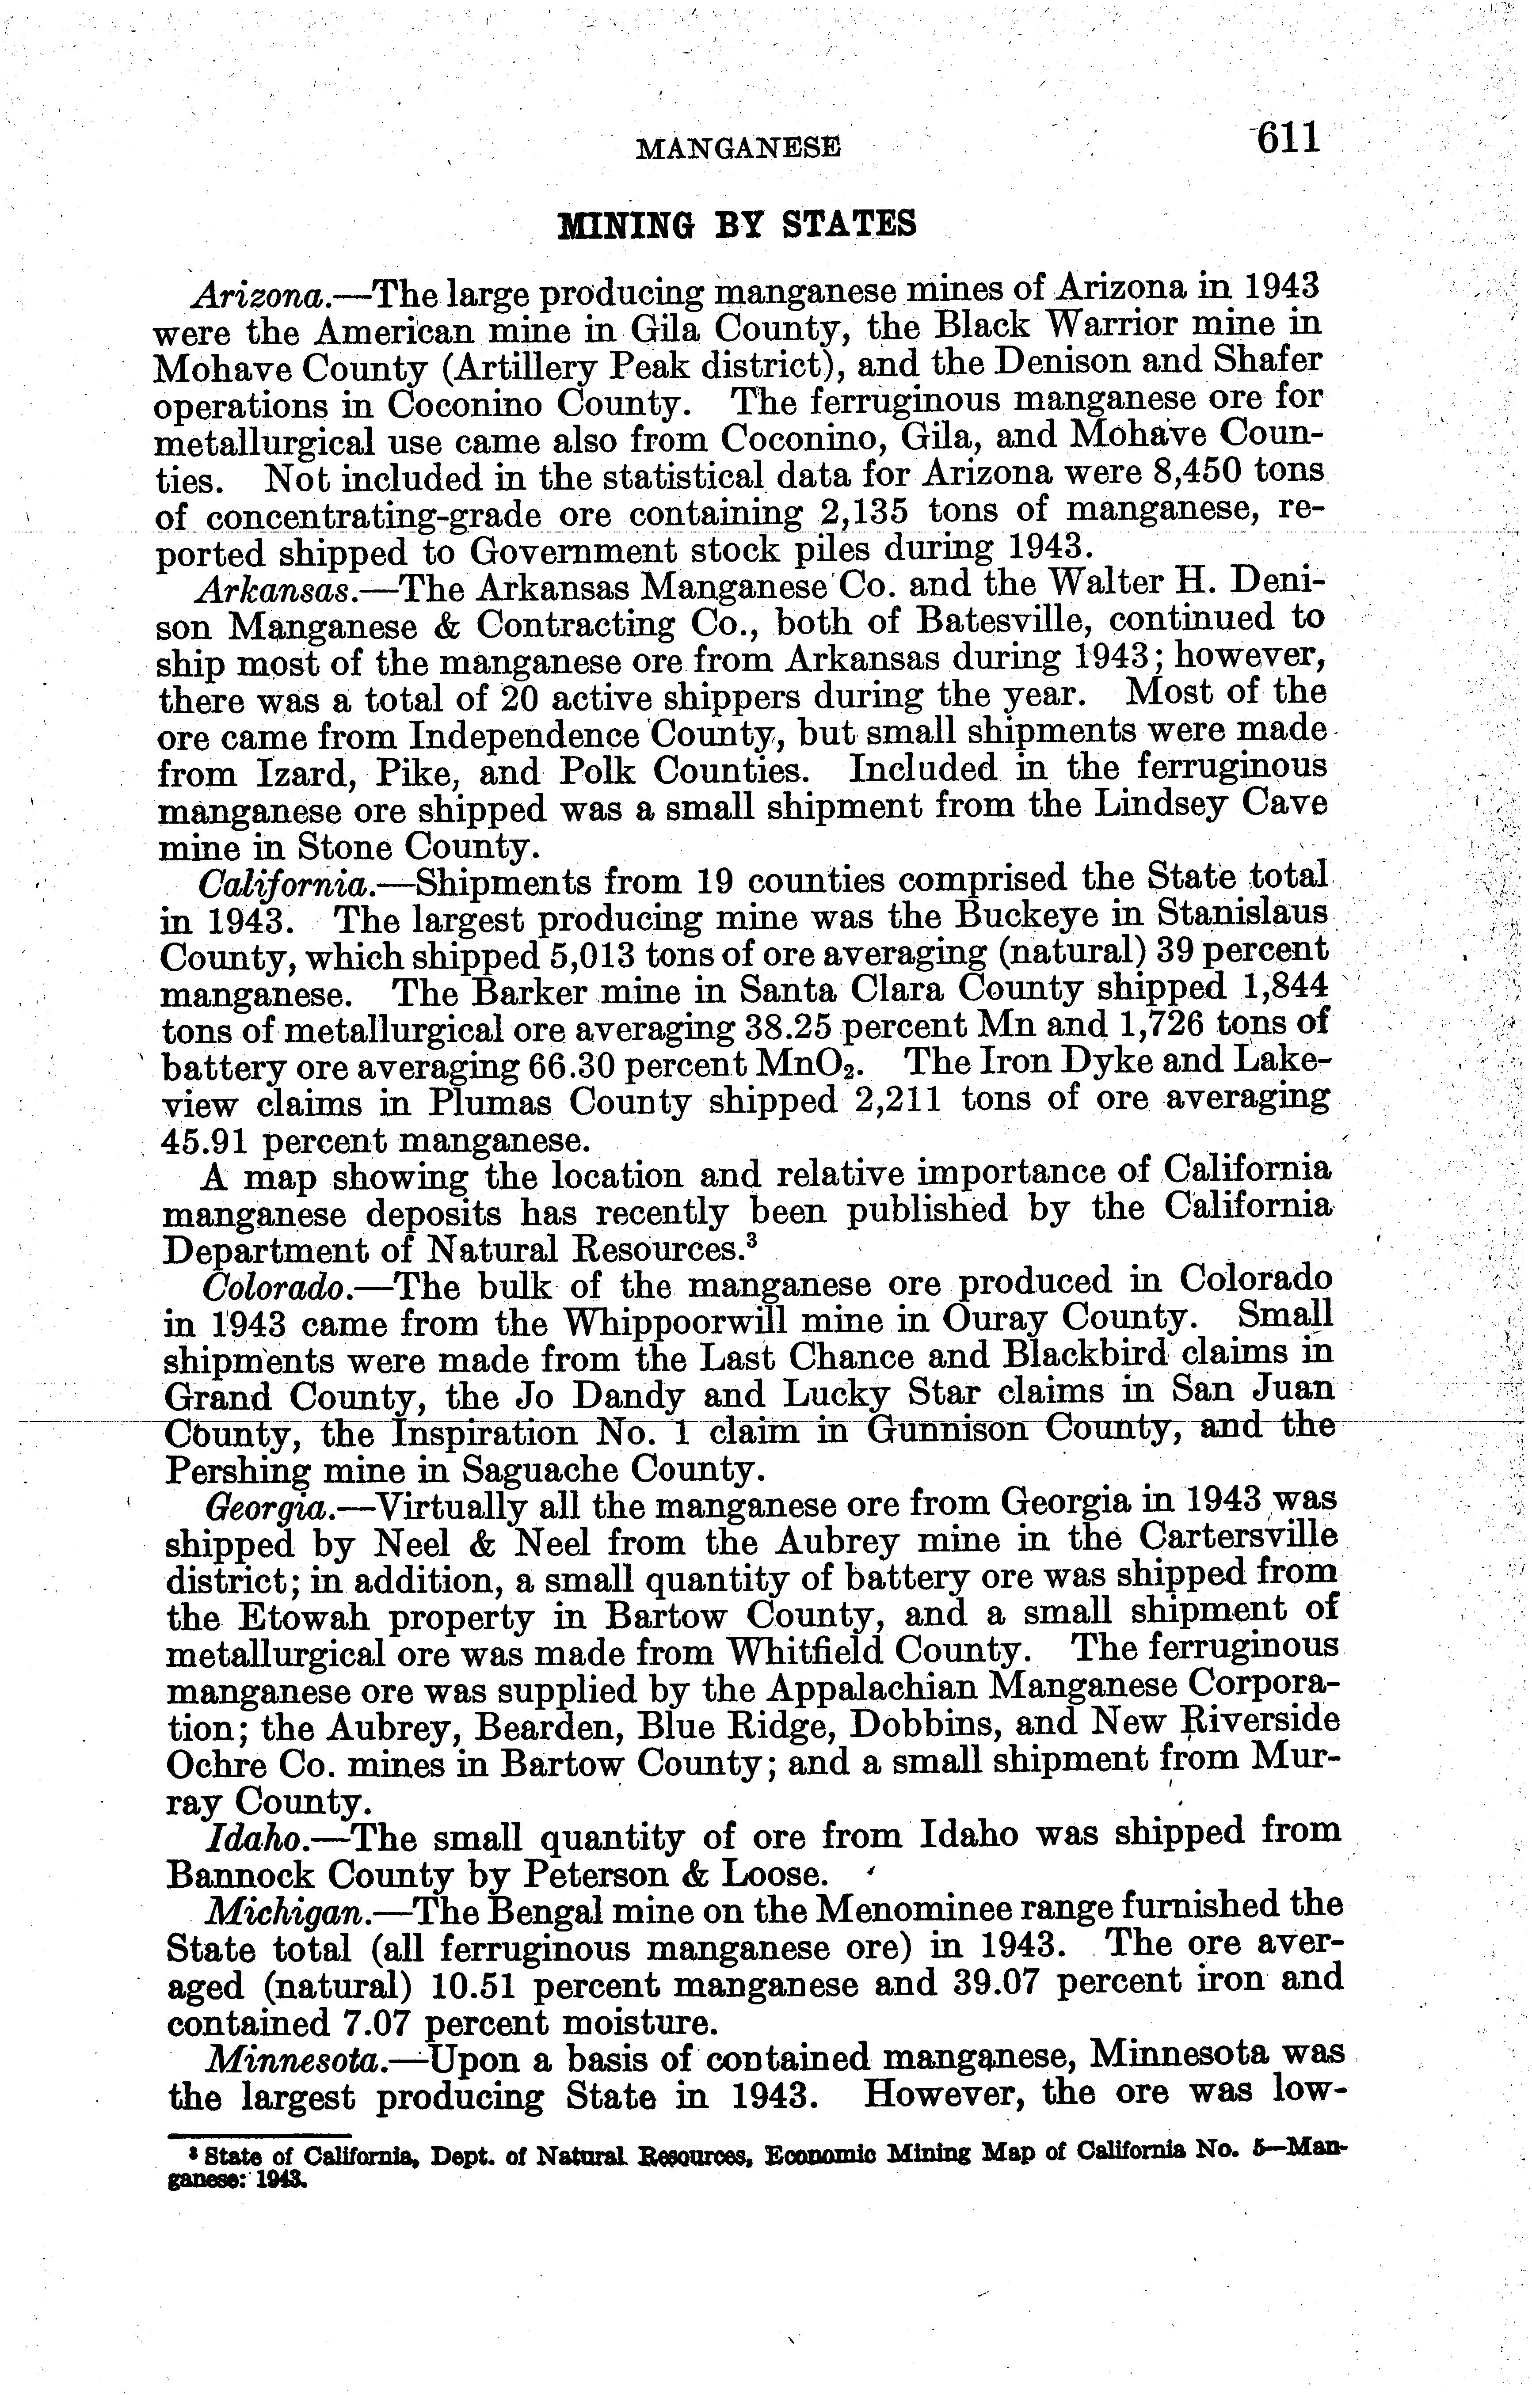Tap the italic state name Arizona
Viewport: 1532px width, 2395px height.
(261, 295)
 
